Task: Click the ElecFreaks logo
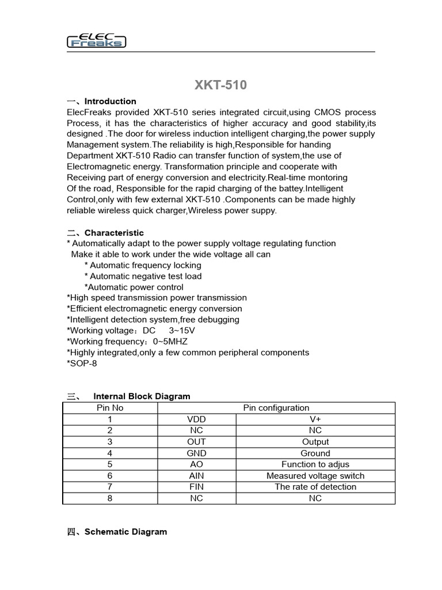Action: [97, 39]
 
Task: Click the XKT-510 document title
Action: [220, 85]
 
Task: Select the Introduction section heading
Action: [110, 101]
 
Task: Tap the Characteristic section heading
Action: [114, 233]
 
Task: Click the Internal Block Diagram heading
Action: [142, 396]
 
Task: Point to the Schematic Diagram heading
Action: [125, 531]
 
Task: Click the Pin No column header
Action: [110, 407]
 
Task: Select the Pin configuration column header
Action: [276, 407]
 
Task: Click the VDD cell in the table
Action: [197, 419]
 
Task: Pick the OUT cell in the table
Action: [197, 441]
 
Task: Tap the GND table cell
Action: [197, 453]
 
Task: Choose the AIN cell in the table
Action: [197, 475]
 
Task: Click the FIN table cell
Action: [197, 486]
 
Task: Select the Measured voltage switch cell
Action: [315, 475]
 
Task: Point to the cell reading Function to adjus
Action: [315, 464]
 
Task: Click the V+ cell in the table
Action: [315, 419]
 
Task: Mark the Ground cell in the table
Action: [315, 453]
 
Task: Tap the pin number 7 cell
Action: [110, 486]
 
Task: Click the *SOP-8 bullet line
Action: [82, 363]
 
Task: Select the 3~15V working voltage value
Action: [182, 330]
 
